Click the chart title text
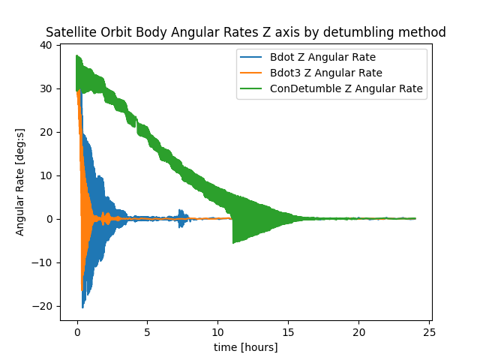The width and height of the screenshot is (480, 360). [245, 32]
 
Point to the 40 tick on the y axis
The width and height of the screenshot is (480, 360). [46, 45]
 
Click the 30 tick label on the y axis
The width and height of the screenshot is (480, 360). [46, 88]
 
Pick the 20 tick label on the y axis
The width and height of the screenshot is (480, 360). [46, 132]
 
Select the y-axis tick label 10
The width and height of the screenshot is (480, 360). [46, 175]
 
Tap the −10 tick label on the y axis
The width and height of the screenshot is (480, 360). [42, 262]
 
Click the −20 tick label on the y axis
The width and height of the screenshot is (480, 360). [42, 306]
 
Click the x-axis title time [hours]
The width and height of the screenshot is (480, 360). [245, 347]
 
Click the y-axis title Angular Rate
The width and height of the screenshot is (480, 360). [20, 182]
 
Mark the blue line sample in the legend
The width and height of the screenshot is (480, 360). [252, 57]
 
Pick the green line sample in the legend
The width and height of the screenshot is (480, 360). [252, 88]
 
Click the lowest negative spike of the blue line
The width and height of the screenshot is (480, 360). [82, 307]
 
